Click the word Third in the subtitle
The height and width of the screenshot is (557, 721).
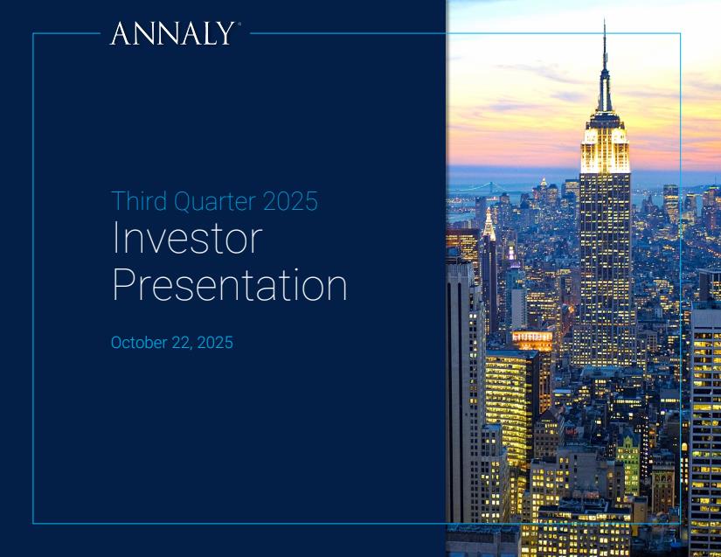pyautogui.click(x=139, y=201)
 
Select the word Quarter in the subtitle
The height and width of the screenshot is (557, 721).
pyautogui.click(x=215, y=202)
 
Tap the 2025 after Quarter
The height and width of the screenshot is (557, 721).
pyautogui.click(x=291, y=201)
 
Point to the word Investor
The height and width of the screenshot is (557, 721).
pyautogui.click(x=188, y=238)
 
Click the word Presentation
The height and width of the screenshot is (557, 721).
pyautogui.click(x=230, y=285)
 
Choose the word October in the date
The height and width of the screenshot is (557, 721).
pyautogui.click(x=139, y=343)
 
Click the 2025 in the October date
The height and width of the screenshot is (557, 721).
pyautogui.click(x=215, y=343)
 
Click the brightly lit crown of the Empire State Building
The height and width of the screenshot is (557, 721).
pyautogui.click(x=605, y=148)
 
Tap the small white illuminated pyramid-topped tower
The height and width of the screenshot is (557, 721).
pyautogui.click(x=489, y=225)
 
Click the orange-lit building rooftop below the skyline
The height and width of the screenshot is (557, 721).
pyautogui.click(x=532, y=340)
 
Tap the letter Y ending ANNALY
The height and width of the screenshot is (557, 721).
pyautogui.click(x=225, y=33)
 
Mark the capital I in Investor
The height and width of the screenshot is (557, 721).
pyautogui.click(x=115, y=238)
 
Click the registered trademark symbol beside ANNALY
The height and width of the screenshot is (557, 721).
pyautogui.click(x=239, y=24)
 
